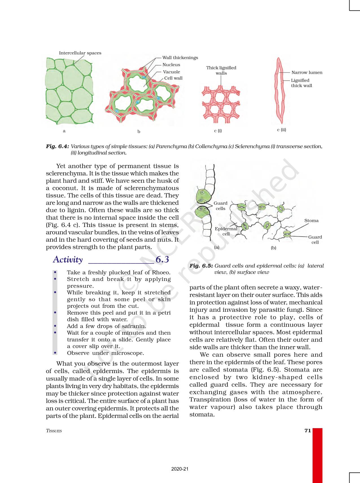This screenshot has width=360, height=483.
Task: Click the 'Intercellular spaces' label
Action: click(x=80, y=53)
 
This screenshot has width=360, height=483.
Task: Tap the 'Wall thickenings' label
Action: click(x=180, y=58)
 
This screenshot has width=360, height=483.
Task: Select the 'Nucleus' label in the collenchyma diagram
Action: click(x=171, y=65)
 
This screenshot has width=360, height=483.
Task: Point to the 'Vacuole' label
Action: click(x=171, y=72)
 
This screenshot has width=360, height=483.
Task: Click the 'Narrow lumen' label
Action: click(x=307, y=73)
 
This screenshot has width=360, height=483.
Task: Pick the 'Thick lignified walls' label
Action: click(x=221, y=70)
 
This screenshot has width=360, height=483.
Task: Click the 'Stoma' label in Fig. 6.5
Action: click(x=311, y=221)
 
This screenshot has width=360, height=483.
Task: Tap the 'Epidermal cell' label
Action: click(x=226, y=231)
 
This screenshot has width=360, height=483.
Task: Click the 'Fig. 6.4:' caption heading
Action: click(x=57, y=146)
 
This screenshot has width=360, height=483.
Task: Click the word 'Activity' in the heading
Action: click(x=68, y=259)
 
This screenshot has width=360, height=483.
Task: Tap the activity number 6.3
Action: click(x=162, y=259)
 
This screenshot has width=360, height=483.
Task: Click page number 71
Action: click(x=307, y=430)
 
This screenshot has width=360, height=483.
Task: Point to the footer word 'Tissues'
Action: click(x=54, y=431)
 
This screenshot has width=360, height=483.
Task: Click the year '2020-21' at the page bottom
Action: click(x=180, y=469)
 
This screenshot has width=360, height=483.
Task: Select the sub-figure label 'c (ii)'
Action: click(x=281, y=130)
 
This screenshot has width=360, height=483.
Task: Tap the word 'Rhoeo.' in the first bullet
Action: click(x=161, y=272)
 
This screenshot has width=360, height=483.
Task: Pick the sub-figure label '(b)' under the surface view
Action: click(x=273, y=248)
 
